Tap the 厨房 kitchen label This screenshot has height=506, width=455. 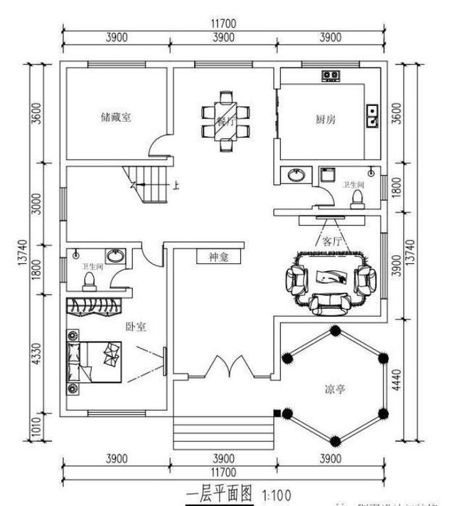326,120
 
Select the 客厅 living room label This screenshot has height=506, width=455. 333,241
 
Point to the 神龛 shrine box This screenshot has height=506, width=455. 220,256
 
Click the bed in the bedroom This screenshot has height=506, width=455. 94,362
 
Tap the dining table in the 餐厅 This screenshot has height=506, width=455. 225,122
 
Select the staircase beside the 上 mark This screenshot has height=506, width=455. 148,184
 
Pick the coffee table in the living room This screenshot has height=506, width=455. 328,277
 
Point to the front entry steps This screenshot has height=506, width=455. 225,431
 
